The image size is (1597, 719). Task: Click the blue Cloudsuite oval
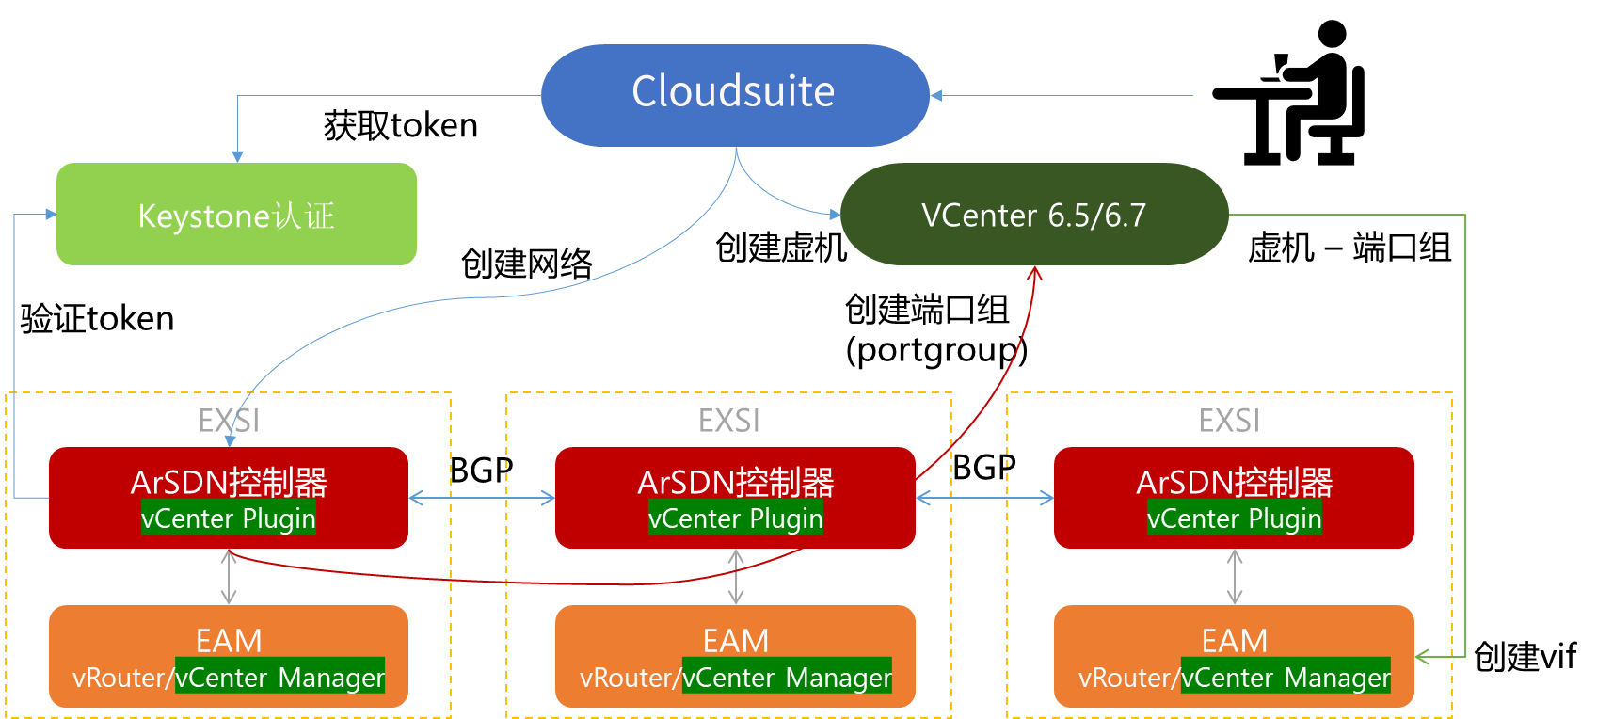tap(734, 94)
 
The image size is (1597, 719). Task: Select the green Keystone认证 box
tap(236, 215)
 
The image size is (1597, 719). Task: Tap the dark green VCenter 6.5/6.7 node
tap(1033, 215)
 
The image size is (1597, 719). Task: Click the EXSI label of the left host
tap(228, 421)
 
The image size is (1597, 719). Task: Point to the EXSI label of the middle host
tap(729, 421)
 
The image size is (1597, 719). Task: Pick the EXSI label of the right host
tap(1229, 421)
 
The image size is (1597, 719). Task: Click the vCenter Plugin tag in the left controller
tap(228, 519)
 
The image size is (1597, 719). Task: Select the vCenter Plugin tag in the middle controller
tap(735, 519)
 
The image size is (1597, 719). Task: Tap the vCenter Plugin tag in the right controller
tap(1234, 519)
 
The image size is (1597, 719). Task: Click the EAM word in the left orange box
tap(229, 641)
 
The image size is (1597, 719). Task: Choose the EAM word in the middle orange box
tap(736, 641)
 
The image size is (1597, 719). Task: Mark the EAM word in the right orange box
tap(1235, 641)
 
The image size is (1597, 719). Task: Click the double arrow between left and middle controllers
tap(482, 498)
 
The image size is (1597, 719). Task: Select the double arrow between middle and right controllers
tap(984, 498)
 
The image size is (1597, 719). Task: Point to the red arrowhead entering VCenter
tap(1034, 273)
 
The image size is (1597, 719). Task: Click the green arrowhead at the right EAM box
tap(1423, 656)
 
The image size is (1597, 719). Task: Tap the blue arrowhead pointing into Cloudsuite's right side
tap(935, 95)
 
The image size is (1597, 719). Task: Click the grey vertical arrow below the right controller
tap(1235, 577)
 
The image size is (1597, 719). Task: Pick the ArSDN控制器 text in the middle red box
tap(735, 482)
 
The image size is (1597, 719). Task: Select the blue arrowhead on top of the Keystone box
tap(237, 156)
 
